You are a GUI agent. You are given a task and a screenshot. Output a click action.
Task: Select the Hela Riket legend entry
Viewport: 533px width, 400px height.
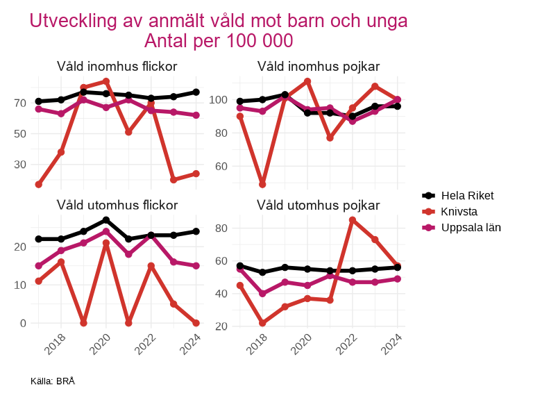coord(467,195)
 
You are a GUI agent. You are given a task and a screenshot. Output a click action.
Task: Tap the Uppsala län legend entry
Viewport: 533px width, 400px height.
coord(471,227)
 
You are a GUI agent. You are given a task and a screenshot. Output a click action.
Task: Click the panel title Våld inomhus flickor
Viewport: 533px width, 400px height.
coord(117,67)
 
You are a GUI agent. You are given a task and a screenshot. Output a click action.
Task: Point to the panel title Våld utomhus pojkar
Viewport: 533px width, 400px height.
coord(318,205)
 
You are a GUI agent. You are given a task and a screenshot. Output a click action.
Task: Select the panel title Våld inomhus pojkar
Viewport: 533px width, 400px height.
coord(318,67)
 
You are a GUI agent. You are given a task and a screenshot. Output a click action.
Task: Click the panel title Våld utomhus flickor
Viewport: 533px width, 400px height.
coord(117,205)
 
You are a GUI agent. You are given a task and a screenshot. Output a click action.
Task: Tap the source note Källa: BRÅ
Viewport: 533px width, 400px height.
coord(53,381)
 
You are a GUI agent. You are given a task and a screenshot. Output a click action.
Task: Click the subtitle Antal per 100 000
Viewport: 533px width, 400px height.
coord(218,41)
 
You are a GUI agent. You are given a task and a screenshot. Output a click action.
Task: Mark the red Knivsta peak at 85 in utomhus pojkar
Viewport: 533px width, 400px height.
coord(353,220)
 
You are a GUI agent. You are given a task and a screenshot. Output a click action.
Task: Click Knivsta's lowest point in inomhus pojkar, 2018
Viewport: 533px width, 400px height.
coord(263,185)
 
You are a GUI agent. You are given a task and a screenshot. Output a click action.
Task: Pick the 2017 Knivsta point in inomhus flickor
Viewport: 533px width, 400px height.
coord(39,185)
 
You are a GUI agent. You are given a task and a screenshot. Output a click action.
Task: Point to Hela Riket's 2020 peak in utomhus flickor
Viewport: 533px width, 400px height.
coord(106,220)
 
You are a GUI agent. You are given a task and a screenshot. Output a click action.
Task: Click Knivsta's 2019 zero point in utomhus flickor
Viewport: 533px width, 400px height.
coord(83,323)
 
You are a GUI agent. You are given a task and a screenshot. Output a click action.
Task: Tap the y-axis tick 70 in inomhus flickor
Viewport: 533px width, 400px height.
coord(19,103)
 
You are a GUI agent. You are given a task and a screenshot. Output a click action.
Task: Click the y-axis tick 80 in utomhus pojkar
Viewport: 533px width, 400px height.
coord(223,228)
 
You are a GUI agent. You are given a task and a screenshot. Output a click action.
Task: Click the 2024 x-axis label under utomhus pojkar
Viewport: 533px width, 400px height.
coord(391,343)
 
